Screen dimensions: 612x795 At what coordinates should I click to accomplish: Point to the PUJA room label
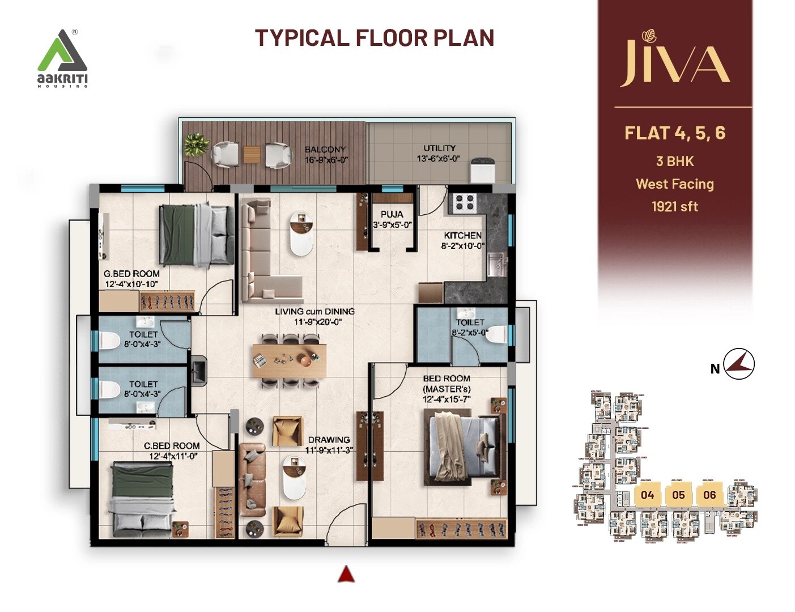pyautogui.click(x=392, y=214)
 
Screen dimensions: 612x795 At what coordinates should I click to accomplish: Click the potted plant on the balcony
pyautogui.click(x=196, y=144)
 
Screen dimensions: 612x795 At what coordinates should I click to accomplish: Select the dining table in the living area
pyautogui.click(x=290, y=360)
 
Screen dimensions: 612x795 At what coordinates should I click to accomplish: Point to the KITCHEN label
pyautogui.click(x=462, y=235)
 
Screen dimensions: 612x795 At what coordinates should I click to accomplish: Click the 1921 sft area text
pyautogui.click(x=674, y=207)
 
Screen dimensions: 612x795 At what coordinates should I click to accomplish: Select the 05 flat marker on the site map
pyautogui.click(x=678, y=495)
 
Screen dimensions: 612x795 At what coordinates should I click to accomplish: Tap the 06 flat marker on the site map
pyautogui.click(x=709, y=495)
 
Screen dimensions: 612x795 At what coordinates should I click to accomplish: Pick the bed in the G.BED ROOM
pyautogui.click(x=196, y=234)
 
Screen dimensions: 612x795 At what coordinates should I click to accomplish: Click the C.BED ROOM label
pyautogui.click(x=172, y=446)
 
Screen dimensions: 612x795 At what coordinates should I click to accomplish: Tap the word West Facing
pyautogui.click(x=674, y=184)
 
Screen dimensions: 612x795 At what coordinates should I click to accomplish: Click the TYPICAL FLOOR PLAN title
pyautogui.click(x=375, y=38)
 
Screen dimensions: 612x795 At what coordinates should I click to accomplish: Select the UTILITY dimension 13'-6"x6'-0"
pyautogui.click(x=438, y=159)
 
